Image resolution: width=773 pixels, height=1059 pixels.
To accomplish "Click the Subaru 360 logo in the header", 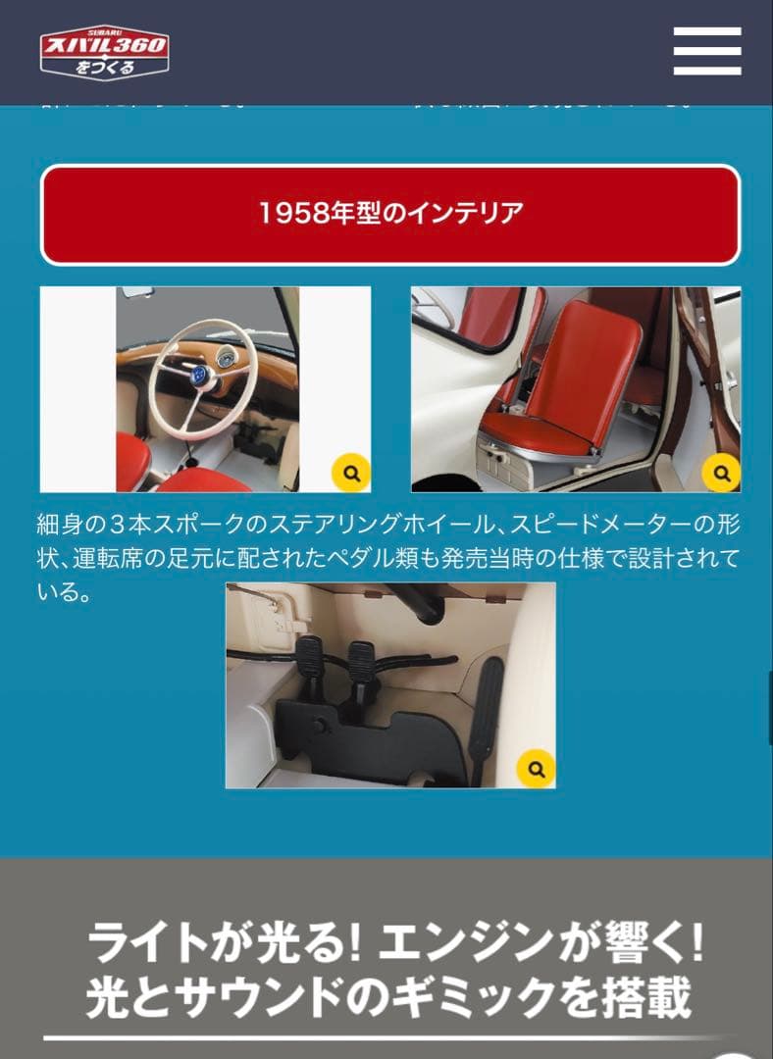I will [104, 53].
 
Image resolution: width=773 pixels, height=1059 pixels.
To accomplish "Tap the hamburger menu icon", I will [706, 51].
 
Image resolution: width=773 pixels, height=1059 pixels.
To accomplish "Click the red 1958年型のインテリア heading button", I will [389, 214].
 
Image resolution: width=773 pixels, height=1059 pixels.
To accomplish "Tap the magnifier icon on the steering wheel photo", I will [350, 473].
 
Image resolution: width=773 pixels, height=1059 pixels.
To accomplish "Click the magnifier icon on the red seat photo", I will [721, 473].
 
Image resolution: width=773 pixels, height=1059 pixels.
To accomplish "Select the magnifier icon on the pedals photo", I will [536, 768].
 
